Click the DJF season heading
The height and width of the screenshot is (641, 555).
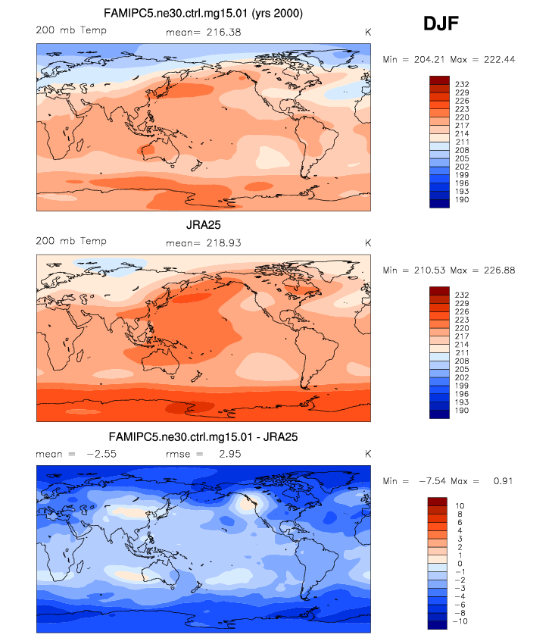click(x=440, y=25)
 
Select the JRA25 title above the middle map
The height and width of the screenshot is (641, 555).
click(x=202, y=226)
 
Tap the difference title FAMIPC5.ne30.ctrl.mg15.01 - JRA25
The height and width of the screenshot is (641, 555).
click(x=202, y=437)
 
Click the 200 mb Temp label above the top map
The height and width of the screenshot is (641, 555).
click(x=71, y=31)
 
